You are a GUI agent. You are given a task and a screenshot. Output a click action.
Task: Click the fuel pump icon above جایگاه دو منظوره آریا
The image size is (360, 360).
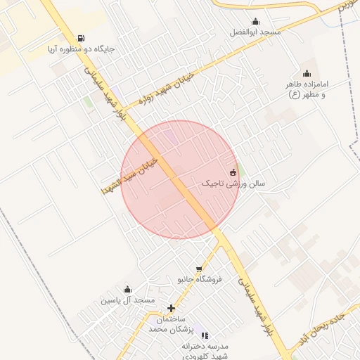click(81, 38)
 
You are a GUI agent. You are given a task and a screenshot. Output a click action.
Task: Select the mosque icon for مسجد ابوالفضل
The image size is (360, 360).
click(255, 21)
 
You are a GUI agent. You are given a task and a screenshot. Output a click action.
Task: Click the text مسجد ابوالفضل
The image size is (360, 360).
click(255, 32)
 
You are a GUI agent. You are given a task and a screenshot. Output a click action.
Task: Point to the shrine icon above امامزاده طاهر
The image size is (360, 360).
click(307, 73)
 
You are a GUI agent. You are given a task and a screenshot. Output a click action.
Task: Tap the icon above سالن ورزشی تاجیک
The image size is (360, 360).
click(233, 172)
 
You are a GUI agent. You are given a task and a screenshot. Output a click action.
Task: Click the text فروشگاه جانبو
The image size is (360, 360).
click(199, 279)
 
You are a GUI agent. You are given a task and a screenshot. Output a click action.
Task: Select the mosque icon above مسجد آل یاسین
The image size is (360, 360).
click(127, 289)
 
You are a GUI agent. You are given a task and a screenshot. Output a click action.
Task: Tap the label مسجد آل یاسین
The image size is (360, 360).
click(127, 300)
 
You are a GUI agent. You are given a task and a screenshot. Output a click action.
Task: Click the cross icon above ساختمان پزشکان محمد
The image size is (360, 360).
click(171, 308)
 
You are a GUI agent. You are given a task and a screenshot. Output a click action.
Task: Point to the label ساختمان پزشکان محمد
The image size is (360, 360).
click(171, 324)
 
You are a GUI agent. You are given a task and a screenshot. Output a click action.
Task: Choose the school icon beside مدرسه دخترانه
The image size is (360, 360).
click(205, 335)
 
